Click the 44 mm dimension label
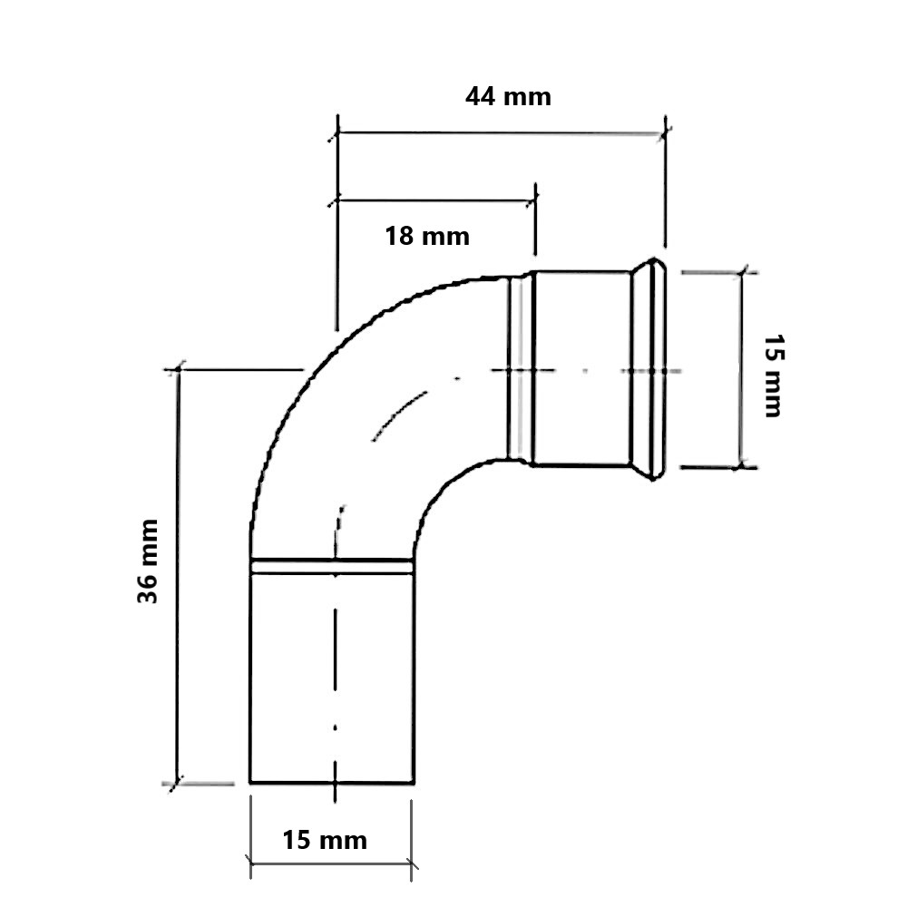click(x=508, y=97)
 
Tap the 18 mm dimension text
click(x=427, y=237)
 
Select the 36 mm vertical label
click(x=148, y=561)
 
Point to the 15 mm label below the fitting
click(x=325, y=841)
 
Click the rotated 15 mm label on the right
click(x=774, y=375)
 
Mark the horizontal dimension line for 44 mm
click(x=502, y=134)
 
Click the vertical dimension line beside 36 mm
click(x=178, y=576)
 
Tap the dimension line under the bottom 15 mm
click(x=331, y=863)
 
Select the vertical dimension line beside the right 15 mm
click(x=741, y=369)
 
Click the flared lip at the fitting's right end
click(x=649, y=369)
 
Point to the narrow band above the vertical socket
click(x=332, y=566)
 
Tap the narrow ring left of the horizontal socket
click(x=520, y=369)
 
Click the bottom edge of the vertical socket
click(x=332, y=784)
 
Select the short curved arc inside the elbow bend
click(x=399, y=414)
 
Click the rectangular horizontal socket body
click(x=582, y=368)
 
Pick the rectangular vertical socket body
click(x=332, y=678)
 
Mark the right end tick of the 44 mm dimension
click(x=666, y=134)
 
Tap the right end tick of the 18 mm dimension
click(x=536, y=200)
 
